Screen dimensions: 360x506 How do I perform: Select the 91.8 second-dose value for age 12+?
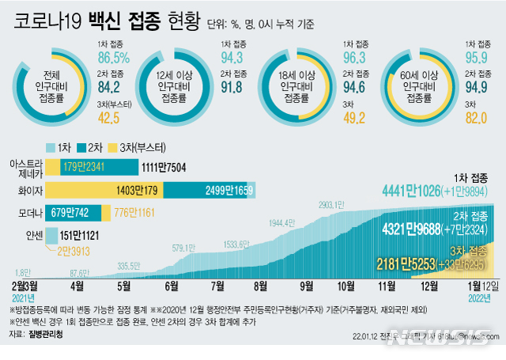pos(232,89)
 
